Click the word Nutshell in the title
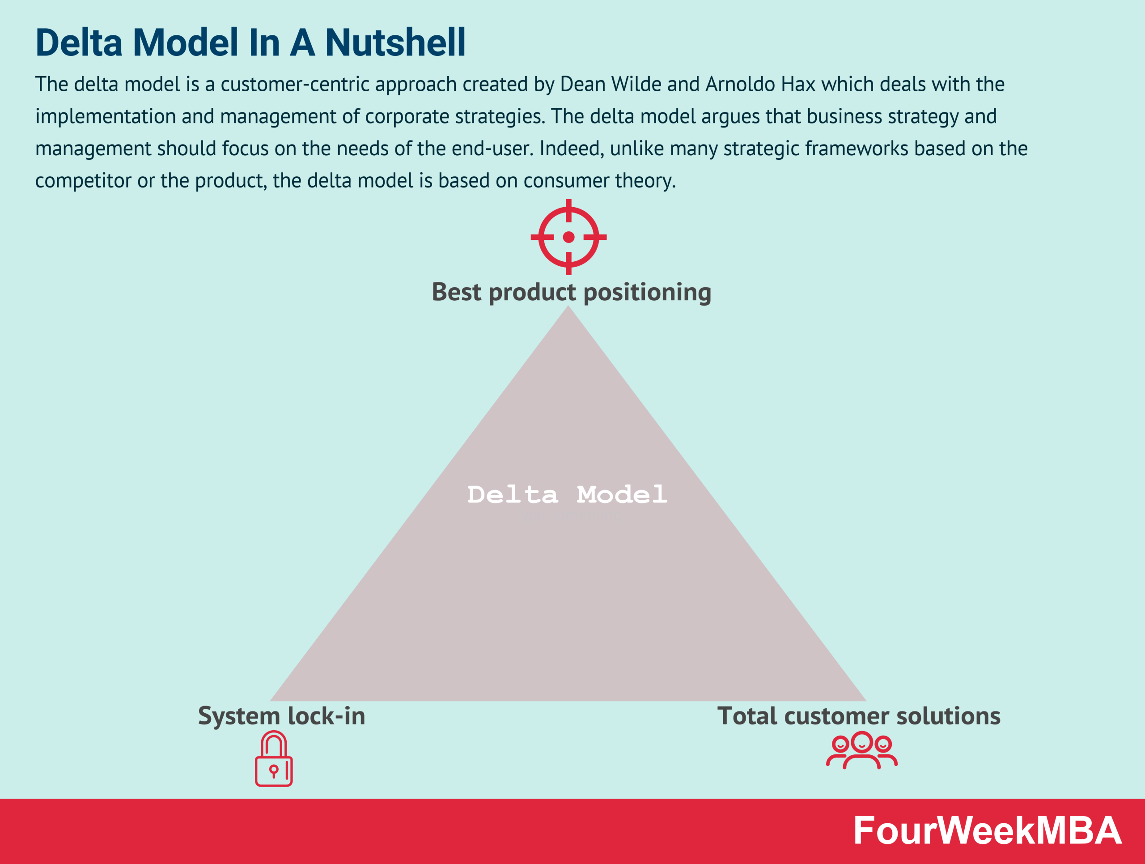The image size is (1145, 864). (395, 43)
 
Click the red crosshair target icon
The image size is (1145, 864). (568, 237)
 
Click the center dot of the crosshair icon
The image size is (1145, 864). (568, 237)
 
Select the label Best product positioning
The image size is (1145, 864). (571, 292)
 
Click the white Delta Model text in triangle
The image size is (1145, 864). (567, 494)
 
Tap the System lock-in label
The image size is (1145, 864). (282, 716)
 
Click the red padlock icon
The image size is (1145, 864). (274, 759)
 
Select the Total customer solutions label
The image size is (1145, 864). (859, 716)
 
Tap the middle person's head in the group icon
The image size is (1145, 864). (862, 742)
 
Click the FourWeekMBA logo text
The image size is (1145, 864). (987, 831)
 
